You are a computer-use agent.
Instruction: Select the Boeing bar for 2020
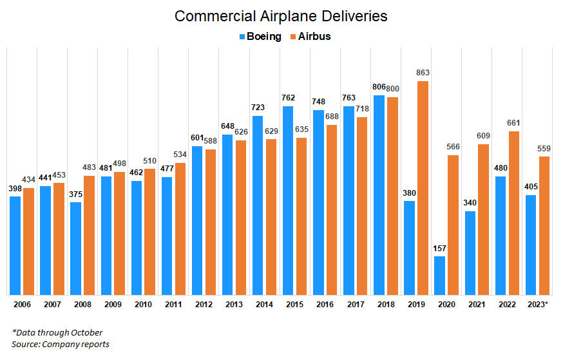(x=440, y=276)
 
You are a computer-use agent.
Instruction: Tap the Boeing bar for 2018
(x=379, y=195)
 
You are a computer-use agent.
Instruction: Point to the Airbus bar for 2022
(x=514, y=213)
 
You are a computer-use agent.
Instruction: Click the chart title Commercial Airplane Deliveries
(x=281, y=16)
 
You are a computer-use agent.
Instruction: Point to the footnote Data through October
(x=57, y=332)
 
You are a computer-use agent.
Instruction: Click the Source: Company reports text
(x=61, y=345)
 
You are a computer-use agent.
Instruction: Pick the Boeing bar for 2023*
(x=531, y=245)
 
